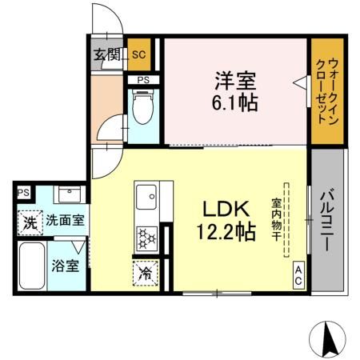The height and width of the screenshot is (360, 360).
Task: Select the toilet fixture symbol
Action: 143,110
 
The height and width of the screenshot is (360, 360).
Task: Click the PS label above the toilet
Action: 143,80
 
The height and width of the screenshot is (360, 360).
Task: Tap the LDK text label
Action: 228,210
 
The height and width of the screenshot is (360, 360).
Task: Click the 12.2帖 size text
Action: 229,233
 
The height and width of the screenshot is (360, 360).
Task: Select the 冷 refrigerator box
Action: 146,274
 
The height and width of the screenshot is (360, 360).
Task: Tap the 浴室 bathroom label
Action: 66,265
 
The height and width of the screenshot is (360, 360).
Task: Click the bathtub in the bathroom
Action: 32,266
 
